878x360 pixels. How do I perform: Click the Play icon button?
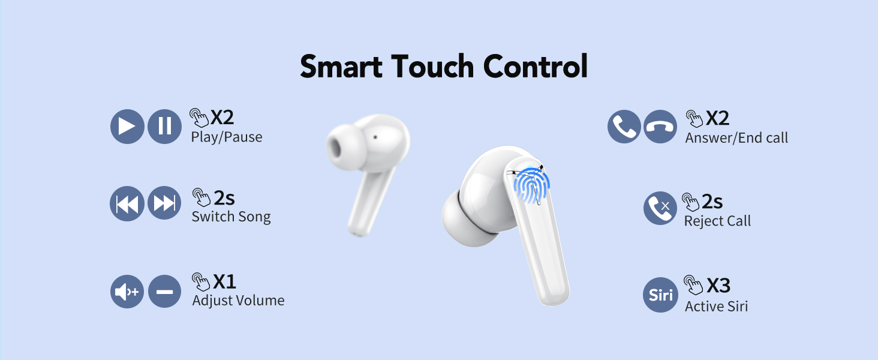[x=127, y=127]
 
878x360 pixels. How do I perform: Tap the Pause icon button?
[x=164, y=127]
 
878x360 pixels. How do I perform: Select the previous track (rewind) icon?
[x=127, y=204]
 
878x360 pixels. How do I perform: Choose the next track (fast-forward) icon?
[x=164, y=204]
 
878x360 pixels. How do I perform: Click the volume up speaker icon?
[x=127, y=292]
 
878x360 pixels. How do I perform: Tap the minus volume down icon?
[x=164, y=292]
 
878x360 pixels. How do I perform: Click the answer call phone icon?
[x=624, y=127]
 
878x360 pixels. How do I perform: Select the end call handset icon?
[x=660, y=127]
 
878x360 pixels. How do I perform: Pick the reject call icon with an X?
[x=660, y=208]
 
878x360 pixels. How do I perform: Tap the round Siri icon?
[x=660, y=295]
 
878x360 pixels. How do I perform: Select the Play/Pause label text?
[x=227, y=137]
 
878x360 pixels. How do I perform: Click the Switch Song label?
[x=231, y=217]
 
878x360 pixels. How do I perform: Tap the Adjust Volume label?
[x=238, y=301]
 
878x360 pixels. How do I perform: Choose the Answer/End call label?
[x=736, y=138]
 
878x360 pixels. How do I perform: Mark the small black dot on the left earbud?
[x=375, y=137]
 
